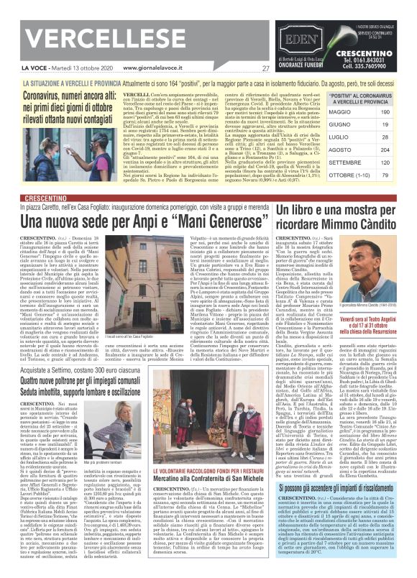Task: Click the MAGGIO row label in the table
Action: pyautogui.click(x=321, y=112)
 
